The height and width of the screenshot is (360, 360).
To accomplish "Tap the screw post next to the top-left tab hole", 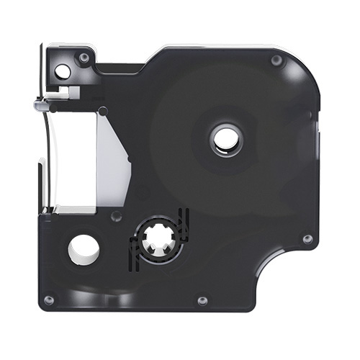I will click(x=84, y=57).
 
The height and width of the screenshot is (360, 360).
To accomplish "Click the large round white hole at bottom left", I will click(x=84, y=248).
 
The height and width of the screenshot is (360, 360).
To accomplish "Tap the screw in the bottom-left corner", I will click(x=49, y=299).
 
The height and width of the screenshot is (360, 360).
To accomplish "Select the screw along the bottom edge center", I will click(x=202, y=299).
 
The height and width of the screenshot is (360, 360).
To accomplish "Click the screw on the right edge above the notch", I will click(x=307, y=238).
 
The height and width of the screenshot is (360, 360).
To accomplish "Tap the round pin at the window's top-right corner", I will click(x=102, y=111).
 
